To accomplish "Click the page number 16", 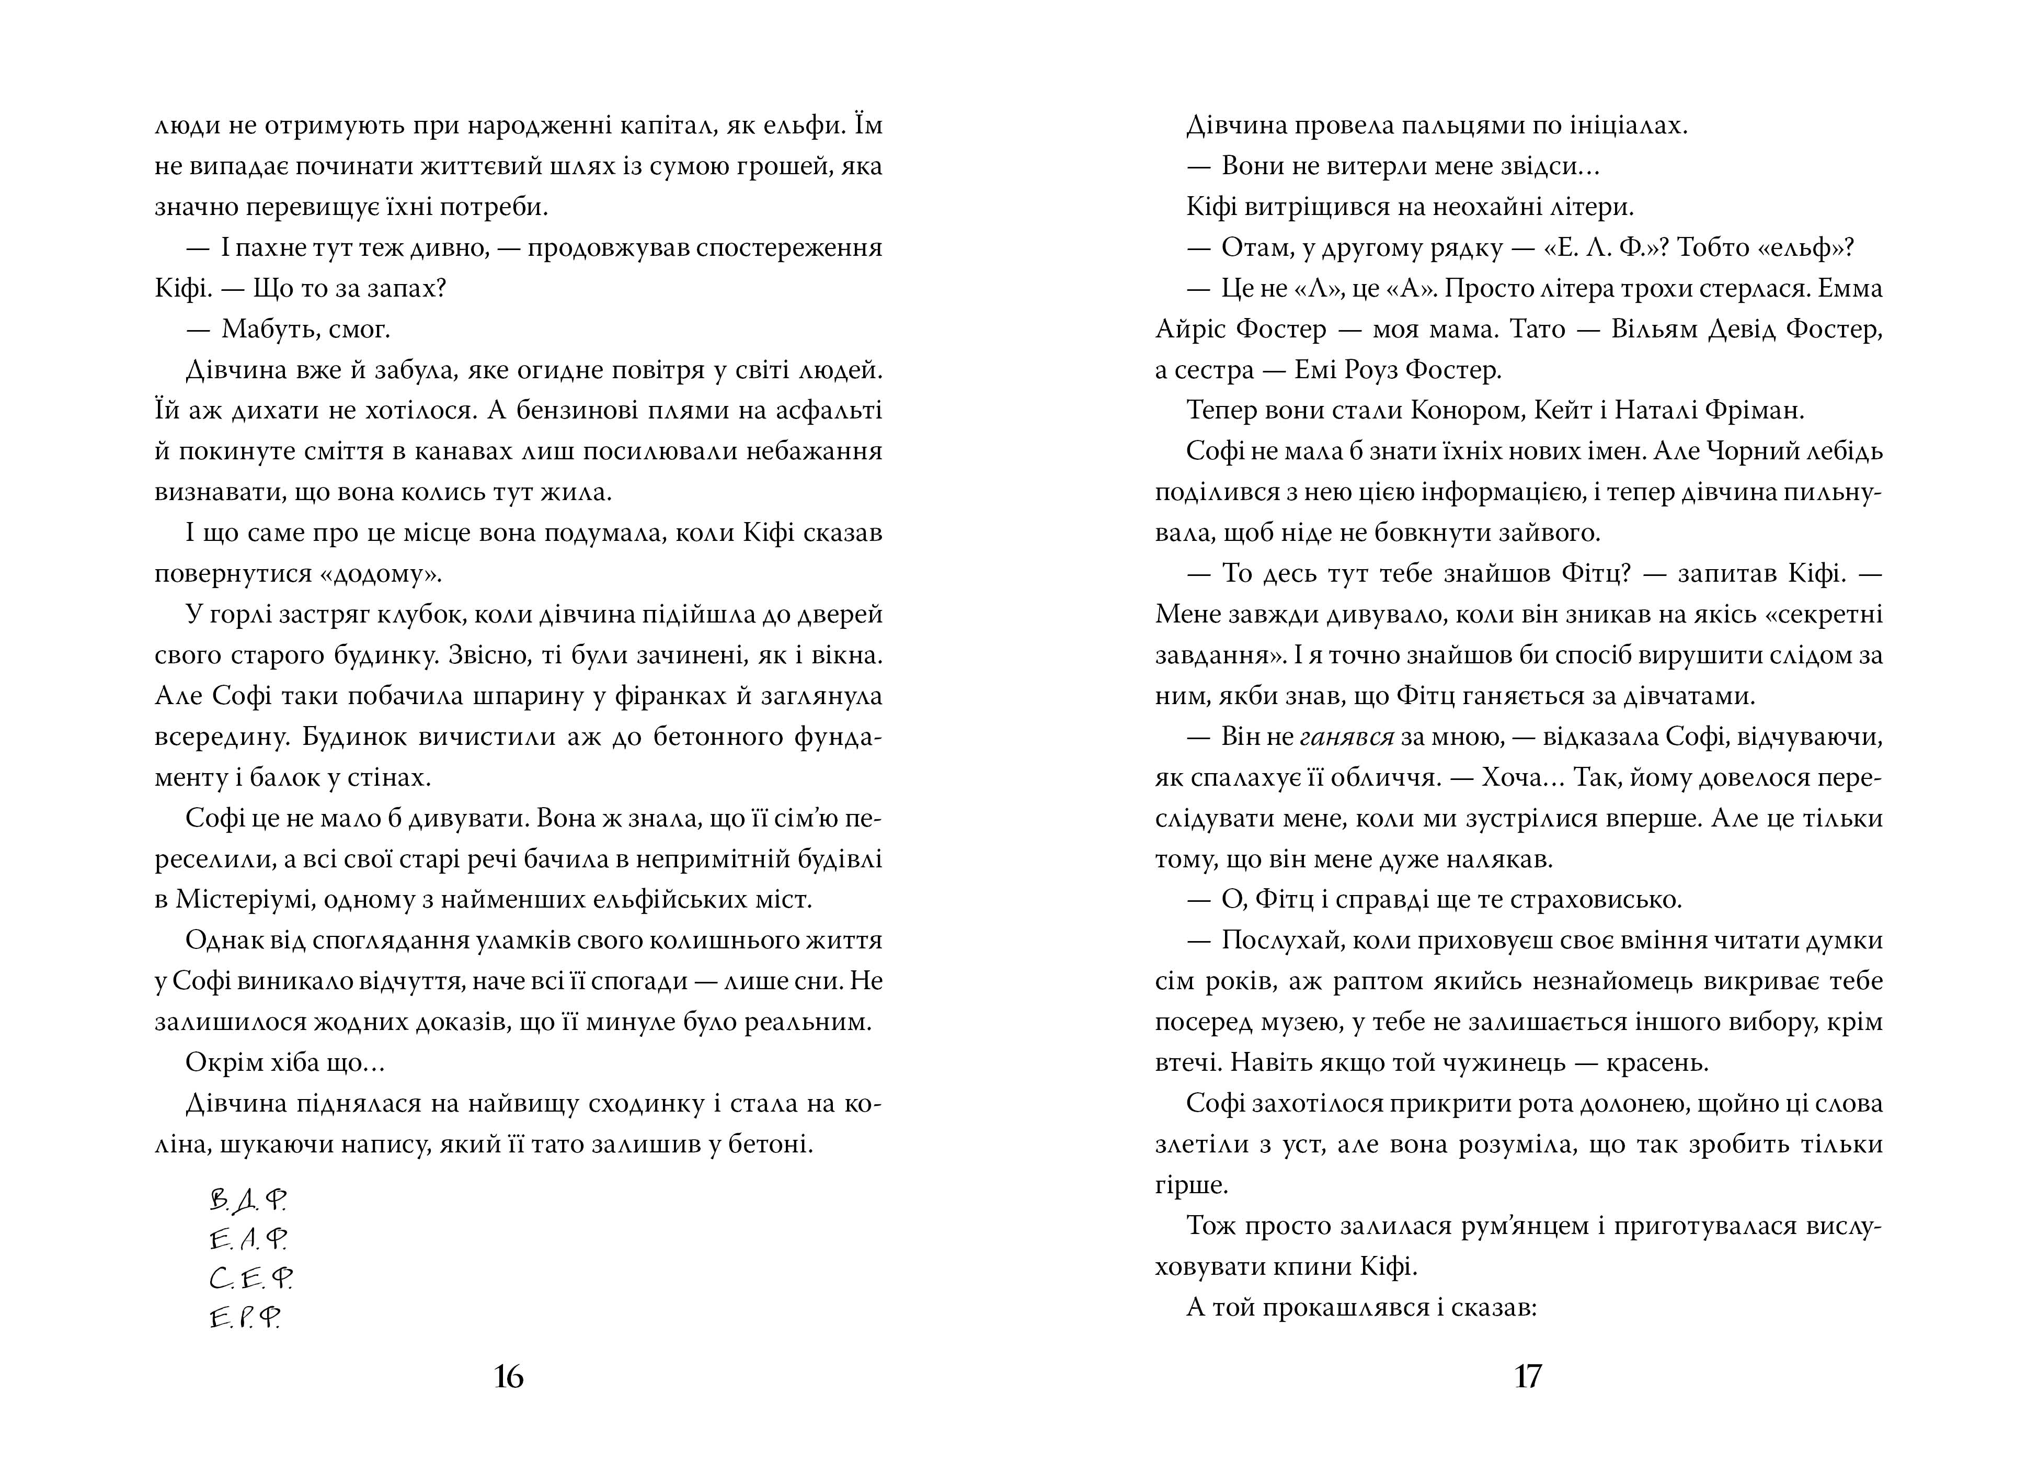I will (509, 1377).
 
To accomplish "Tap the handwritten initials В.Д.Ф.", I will (247, 1200).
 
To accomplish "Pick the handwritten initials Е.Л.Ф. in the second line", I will (248, 1239).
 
